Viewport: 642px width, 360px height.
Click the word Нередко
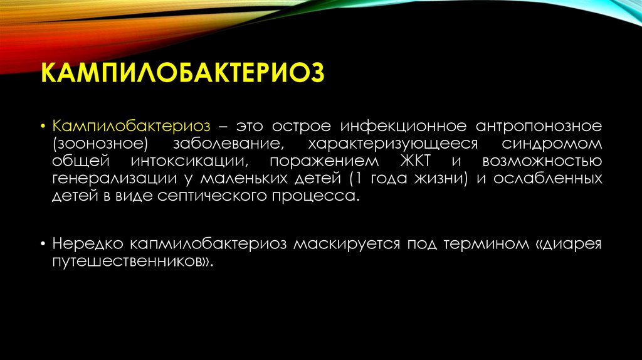point(88,244)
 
